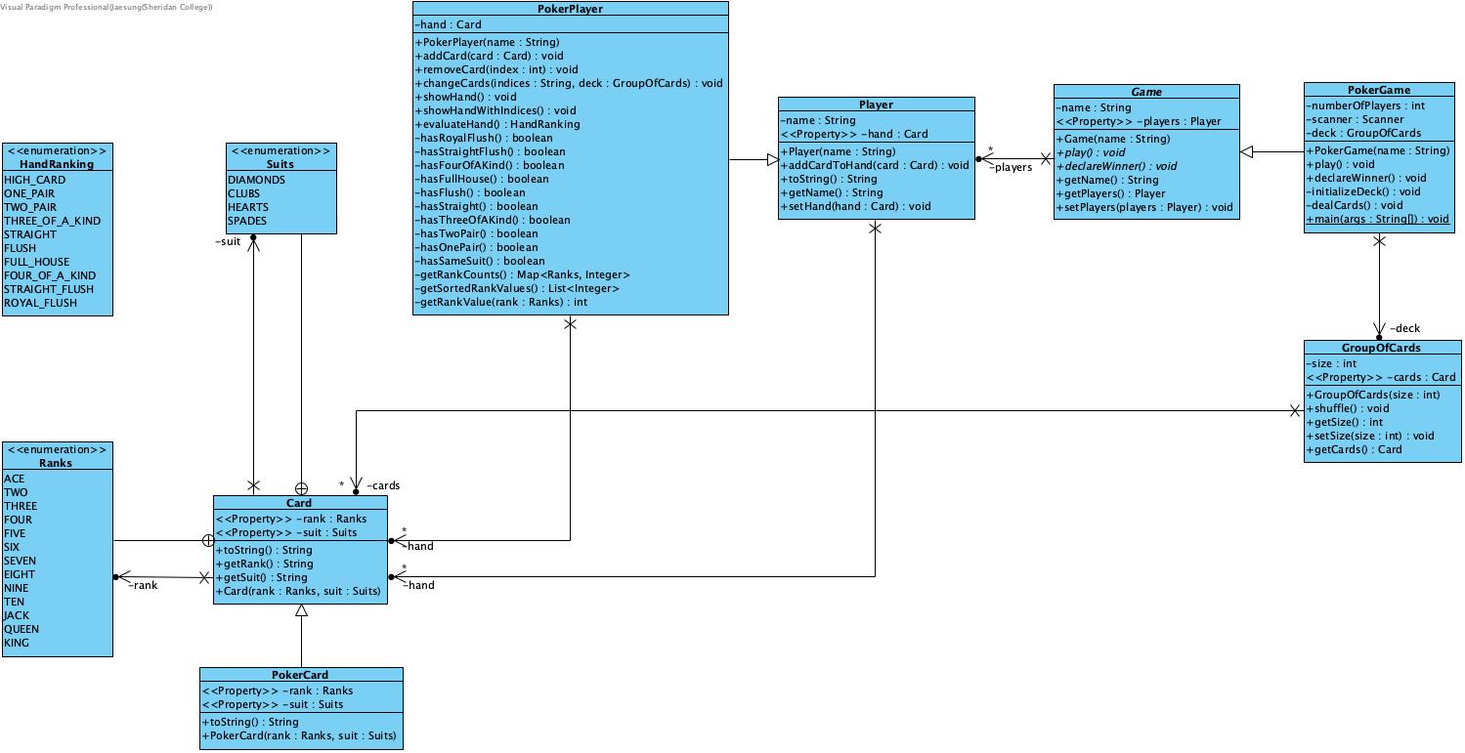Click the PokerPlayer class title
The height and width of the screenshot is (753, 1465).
pos(570,9)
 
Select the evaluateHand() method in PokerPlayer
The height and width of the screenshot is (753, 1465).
pos(497,124)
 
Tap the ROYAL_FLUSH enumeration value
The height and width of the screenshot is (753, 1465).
pos(40,303)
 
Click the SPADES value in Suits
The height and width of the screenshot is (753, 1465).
pos(247,221)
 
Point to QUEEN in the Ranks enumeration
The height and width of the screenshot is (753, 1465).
pos(22,629)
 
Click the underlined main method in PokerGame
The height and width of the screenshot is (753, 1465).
pos(1378,219)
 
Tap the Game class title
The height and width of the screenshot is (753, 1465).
pos(1146,92)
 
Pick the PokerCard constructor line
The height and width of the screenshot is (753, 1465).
pos(299,735)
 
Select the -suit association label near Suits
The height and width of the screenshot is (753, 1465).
pos(228,241)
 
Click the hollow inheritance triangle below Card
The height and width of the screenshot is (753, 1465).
pos(301,611)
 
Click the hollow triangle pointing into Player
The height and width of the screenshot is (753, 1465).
pos(772,159)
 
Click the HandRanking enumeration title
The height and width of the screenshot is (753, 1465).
pos(57,164)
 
